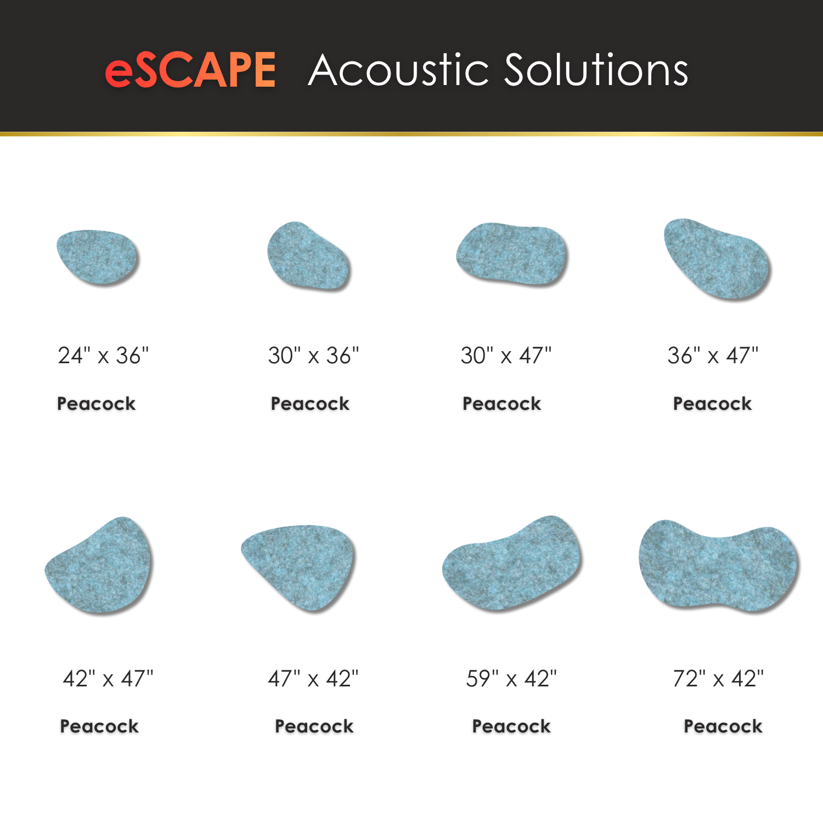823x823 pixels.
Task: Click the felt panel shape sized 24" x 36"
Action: [x=97, y=256]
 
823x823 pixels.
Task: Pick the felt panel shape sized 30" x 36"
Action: [x=308, y=256]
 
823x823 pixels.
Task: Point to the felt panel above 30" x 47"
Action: [x=511, y=253]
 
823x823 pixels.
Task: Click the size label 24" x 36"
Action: [x=103, y=356]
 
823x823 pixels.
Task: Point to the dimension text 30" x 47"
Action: [x=506, y=356]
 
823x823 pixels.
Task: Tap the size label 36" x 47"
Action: [x=713, y=356]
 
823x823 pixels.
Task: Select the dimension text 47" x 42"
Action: [x=313, y=679]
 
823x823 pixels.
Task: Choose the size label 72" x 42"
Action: [x=718, y=679]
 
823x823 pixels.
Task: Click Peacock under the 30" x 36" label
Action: [x=310, y=404]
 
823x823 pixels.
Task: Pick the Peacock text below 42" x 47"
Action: [x=99, y=726]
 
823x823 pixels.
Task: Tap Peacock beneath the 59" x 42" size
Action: [x=511, y=726]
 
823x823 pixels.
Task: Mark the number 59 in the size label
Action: [x=478, y=679]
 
